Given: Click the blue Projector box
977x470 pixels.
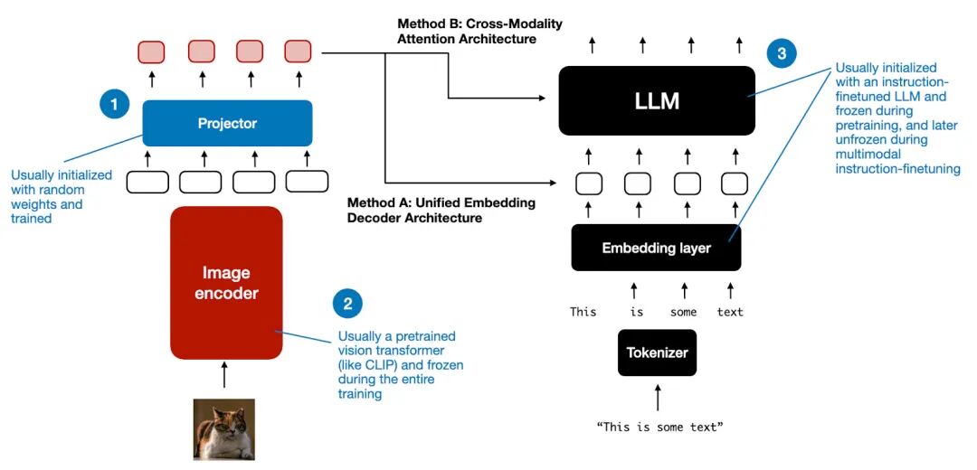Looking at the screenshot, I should click(227, 124).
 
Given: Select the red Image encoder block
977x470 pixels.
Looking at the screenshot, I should click(226, 283).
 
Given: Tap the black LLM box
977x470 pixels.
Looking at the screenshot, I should click(657, 101).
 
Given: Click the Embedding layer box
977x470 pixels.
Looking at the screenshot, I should click(656, 248).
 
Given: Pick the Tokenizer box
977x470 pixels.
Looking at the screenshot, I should click(658, 352).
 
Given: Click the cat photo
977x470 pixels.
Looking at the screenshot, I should click(223, 429).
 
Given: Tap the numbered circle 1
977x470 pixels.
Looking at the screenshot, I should click(114, 106).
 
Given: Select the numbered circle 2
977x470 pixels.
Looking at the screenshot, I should click(347, 304).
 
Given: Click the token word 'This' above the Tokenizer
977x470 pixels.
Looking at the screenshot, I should click(583, 312).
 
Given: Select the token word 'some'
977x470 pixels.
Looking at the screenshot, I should click(683, 312).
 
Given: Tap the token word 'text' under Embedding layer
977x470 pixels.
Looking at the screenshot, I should click(730, 312).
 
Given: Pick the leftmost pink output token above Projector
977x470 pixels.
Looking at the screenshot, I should click(152, 52).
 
